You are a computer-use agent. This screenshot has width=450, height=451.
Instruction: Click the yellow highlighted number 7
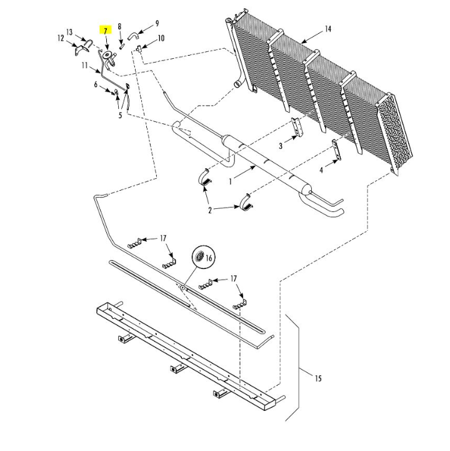pos(106,31)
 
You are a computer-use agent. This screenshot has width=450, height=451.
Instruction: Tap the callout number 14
pos(327,29)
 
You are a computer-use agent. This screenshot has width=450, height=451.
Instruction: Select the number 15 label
pos(317,378)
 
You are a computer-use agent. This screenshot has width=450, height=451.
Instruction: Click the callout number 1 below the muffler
pos(231,181)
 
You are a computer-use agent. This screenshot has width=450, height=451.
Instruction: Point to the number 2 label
pos(211,210)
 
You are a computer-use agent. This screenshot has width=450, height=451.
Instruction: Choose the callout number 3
pos(281,145)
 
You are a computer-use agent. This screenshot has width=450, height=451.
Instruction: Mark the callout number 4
pos(321,170)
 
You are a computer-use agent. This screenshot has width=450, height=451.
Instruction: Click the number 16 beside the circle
pos(209,258)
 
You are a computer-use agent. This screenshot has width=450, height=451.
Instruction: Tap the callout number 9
pos(156,23)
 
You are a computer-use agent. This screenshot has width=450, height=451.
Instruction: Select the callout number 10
pos(161,39)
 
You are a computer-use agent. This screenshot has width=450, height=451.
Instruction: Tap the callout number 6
pos(96,84)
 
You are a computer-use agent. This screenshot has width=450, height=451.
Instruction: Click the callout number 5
pos(119,115)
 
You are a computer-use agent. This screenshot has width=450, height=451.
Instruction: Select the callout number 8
pos(119,26)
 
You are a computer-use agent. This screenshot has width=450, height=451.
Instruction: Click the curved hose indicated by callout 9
pos(134,36)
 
